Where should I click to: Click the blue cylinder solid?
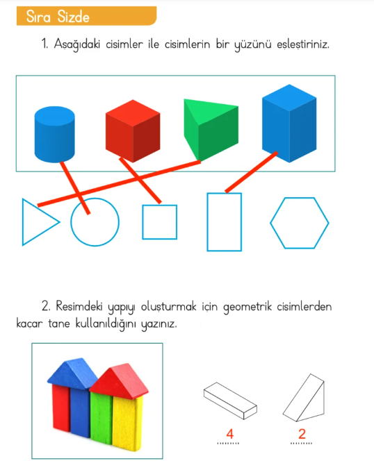(x=55, y=134)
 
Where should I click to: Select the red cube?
(x=133, y=131)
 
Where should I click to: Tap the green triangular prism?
(x=211, y=130)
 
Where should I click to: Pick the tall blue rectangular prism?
(x=289, y=123)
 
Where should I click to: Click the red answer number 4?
(x=230, y=434)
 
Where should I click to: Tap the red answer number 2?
(x=302, y=434)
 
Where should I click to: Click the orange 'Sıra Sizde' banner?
(x=86, y=16)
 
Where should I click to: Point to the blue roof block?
(x=72, y=374)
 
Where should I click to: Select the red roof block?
(x=120, y=379)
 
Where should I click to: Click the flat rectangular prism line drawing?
(x=230, y=401)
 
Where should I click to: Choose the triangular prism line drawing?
(x=304, y=398)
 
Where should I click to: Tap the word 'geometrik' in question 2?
(x=247, y=308)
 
